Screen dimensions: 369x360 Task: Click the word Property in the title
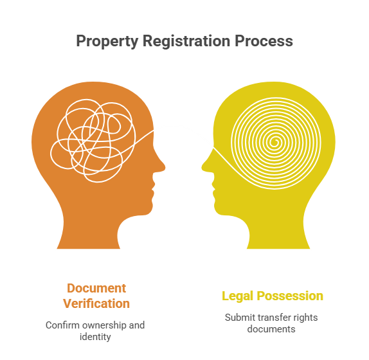[107, 41]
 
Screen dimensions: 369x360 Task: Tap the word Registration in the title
[186, 41]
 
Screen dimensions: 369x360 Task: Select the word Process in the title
[264, 41]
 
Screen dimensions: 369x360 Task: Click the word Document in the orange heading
[96, 288]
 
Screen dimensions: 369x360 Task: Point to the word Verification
[96, 303]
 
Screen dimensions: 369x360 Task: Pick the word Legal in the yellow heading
[237, 296]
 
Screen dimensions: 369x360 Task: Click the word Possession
[290, 296]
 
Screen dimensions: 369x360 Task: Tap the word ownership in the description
[104, 326]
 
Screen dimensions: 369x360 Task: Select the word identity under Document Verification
[95, 337]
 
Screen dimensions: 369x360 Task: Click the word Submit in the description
[240, 318]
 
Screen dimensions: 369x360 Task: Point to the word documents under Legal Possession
[271, 329]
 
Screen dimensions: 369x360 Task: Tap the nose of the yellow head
[204, 166]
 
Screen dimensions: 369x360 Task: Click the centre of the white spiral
[274, 142]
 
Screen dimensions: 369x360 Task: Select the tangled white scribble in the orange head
[93, 141]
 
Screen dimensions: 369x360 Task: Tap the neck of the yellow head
[278, 231]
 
